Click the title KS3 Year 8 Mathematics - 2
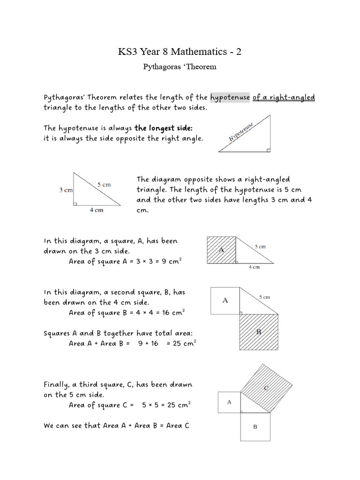[180, 52]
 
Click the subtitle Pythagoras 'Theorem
[180, 67]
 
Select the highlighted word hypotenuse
[230, 97]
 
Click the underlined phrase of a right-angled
[284, 97]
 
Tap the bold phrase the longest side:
[164, 128]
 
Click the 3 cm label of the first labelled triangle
[66, 190]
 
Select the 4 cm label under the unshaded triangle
[97, 210]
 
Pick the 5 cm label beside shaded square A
[260, 246]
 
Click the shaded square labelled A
[221, 250]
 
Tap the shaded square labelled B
[259, 331]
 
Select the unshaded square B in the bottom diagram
[255, 427]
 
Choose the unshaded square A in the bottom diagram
[229, 402]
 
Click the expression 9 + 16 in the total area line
[149, 344]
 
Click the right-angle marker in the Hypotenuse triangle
[268, 150]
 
